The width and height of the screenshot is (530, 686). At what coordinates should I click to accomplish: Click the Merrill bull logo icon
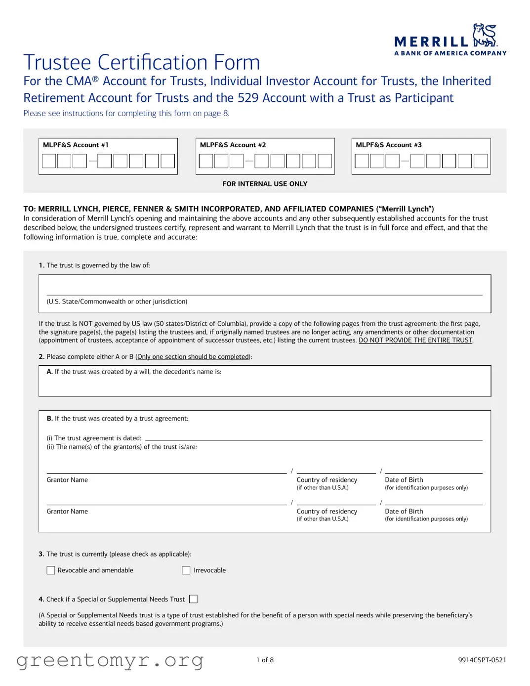(x=485, y=35)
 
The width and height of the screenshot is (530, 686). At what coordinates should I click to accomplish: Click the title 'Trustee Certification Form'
(x=141, y=63)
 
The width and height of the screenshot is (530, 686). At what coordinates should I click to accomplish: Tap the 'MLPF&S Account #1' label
(x=76, y=145)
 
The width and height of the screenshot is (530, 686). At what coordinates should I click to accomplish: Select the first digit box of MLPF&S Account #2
(x=206, y=161)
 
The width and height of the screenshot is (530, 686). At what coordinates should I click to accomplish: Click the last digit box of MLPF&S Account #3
(x=480, y=161)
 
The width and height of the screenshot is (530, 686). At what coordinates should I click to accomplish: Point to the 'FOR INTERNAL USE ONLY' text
(x=265, y=184)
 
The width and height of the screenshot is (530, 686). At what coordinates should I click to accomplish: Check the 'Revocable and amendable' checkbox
(x=51, y=570)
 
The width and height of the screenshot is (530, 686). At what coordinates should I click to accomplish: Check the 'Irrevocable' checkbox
(x=186, y=570)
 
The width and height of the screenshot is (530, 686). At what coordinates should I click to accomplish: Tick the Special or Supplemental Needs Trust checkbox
(x=194, y=599)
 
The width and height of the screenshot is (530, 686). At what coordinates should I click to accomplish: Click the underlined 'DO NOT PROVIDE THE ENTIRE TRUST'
(x=415, y=341)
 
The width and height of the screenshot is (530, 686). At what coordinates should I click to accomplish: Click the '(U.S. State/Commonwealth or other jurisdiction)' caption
(x=117, y=301)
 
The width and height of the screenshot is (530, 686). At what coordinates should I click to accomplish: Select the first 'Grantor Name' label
(x=67, y=480)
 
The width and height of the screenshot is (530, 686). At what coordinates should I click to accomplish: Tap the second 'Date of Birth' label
(x=404, y=512)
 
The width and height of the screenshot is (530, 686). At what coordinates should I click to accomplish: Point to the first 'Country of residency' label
(x=326, y=480)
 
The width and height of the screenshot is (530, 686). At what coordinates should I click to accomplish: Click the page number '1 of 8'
(x=265, y=660)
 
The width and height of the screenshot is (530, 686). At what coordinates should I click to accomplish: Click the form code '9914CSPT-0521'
(x=482, y=660)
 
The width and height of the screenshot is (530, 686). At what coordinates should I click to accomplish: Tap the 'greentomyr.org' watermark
(x=110, y=660)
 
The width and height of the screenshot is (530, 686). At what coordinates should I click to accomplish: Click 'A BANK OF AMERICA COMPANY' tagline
(x=450, y=53)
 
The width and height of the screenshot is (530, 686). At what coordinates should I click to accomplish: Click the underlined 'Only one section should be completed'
(x=193, y=357)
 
